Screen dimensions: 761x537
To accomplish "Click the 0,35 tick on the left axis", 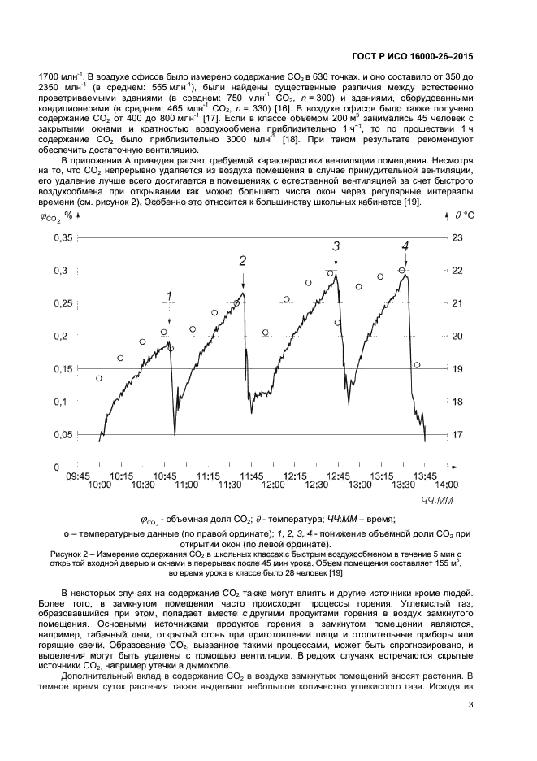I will pos(63,237).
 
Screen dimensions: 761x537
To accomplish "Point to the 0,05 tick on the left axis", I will pos(63,435).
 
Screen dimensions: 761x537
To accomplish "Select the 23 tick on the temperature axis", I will pos(457,237).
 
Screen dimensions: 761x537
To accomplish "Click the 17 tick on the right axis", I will pos(457,435).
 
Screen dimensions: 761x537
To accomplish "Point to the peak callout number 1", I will pos(169,295).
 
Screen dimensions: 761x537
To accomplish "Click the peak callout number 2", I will pos(242,261).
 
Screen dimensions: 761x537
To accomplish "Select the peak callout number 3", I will pos(336,246).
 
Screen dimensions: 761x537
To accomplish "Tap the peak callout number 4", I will pos(405,246).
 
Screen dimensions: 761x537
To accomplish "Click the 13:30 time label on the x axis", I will pos(403,485).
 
